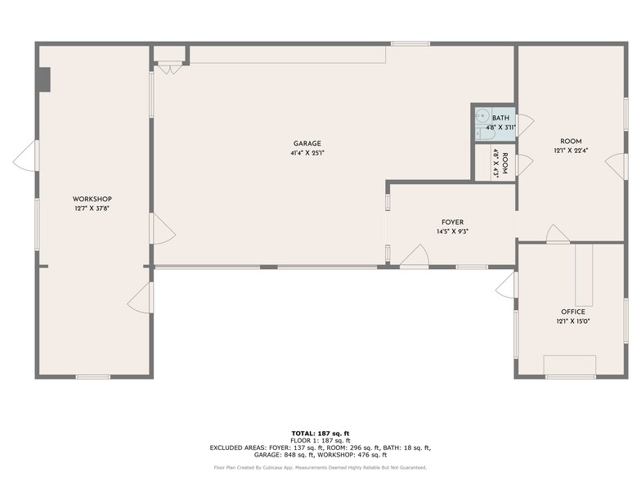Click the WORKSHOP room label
point(92,200)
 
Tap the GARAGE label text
point(307,144)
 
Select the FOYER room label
point(453,223)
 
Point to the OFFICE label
point(572,312)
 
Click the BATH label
point(500,118)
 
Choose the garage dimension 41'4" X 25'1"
point(307,154)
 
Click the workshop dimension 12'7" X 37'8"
point(92,209)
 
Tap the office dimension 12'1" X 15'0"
point(572,321)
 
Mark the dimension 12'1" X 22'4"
point(571,151)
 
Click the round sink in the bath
point(482,116)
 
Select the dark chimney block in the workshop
point(43,79)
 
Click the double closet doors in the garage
point(170,69)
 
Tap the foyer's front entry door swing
point(414,255)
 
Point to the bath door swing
point(525,125)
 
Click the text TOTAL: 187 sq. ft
point(320,434)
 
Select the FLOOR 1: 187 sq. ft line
point(320,440)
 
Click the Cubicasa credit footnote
point(320,468)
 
